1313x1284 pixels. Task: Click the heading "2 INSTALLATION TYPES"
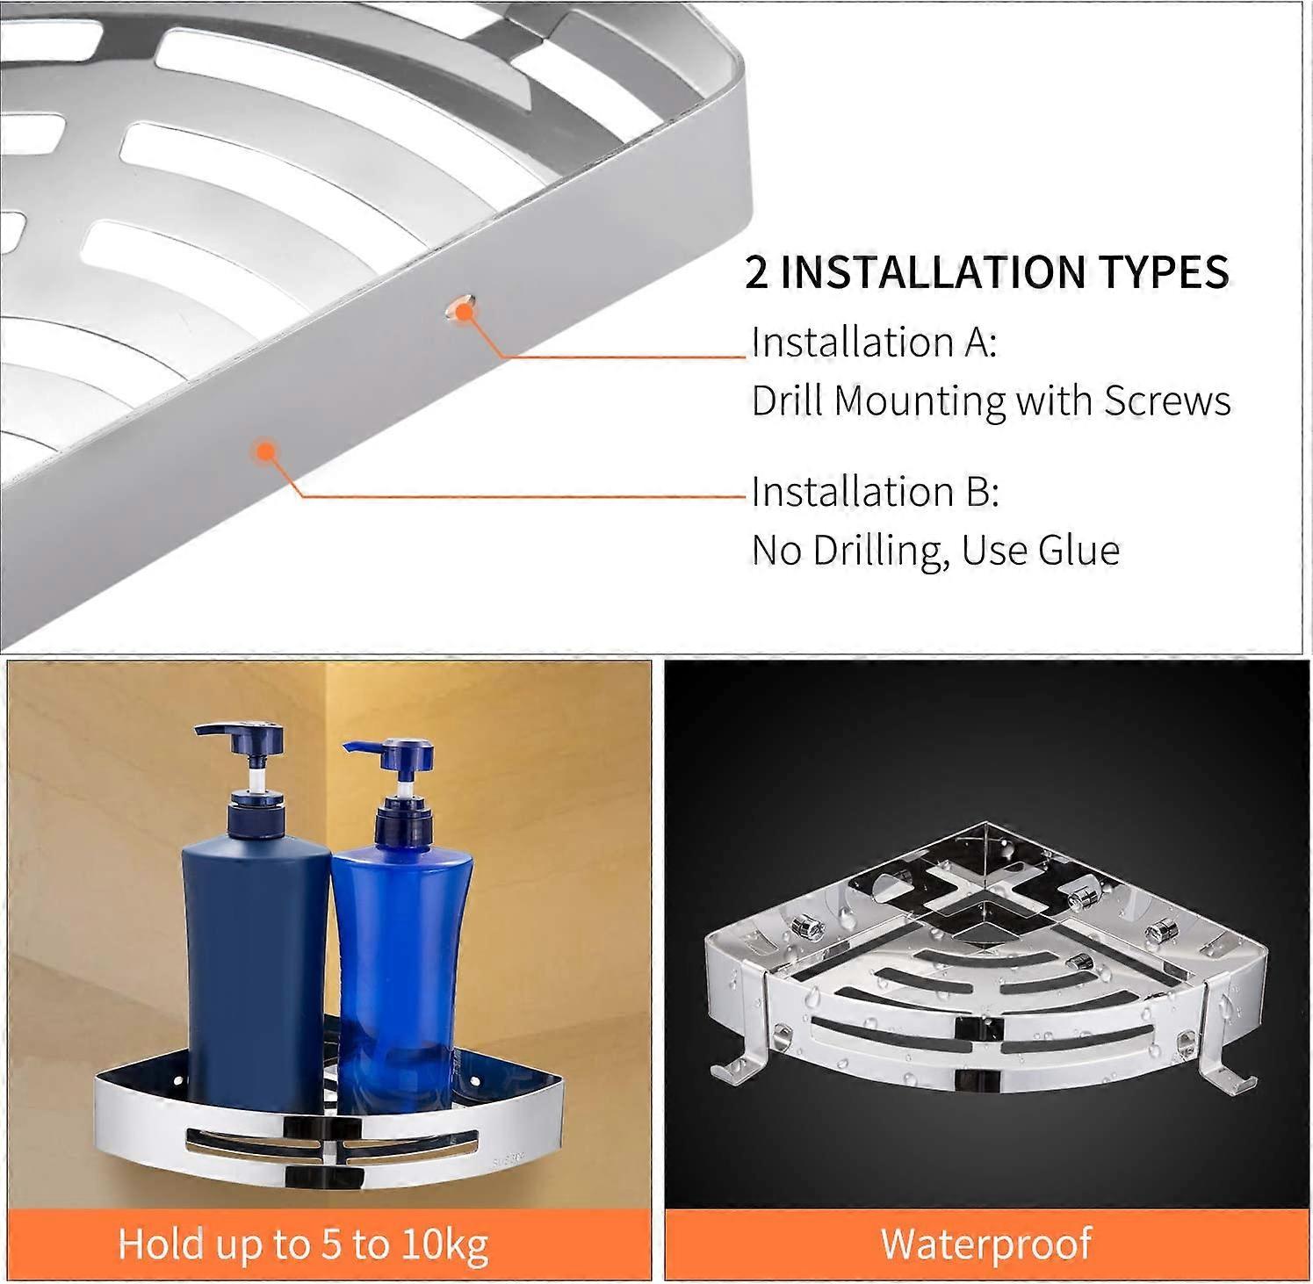(987, 271)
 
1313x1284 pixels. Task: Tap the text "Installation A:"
(874, 342)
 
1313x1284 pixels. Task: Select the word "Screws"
(1168, 400)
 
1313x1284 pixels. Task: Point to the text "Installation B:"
(875, 492)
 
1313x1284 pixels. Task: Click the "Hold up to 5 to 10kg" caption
(303, 1244)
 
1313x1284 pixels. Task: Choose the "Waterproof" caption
(986, 1244)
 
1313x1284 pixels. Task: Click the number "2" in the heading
(756, 272)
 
